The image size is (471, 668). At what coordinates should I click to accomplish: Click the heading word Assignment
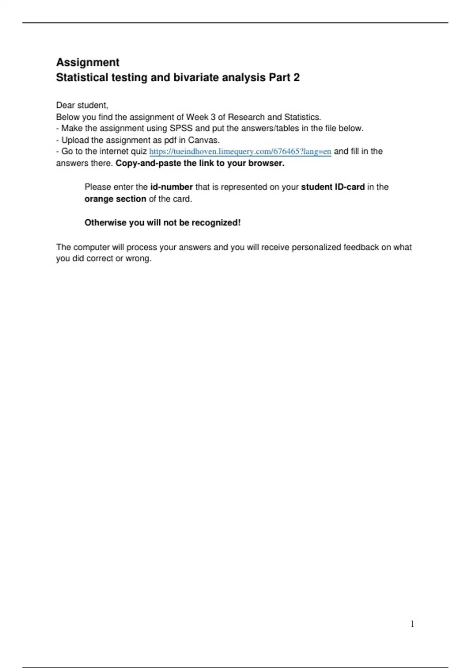[x=88, y=62]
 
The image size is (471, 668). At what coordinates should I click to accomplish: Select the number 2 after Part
[x=296, y=77]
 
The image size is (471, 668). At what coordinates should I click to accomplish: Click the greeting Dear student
[x=82, y=105]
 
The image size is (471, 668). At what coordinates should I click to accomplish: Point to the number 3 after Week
[x=213, y=117]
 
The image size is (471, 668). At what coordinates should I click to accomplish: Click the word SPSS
[x=181, y=128]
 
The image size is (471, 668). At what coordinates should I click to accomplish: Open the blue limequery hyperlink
[x=240, y=152]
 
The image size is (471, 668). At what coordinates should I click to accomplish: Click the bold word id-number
[x=172, y=187]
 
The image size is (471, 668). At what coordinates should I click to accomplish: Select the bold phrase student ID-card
[x=333, y=187]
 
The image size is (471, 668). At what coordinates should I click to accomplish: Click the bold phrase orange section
[x=115, y=199]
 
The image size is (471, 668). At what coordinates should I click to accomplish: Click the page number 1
[x=412, y=624]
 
